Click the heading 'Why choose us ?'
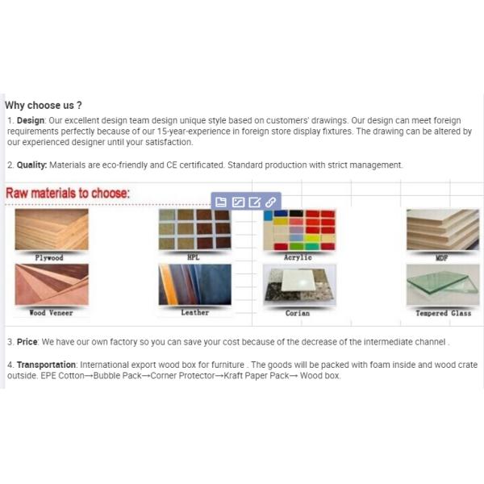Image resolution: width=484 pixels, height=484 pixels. (44, 105)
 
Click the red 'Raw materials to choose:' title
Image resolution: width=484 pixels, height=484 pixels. (68, 194)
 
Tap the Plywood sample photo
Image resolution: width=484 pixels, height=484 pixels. (52, 231)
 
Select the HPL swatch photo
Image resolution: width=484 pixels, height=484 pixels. (194, 230)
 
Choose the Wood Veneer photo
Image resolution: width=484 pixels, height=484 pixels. (52, 285)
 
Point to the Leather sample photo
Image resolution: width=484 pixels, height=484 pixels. (194, 285)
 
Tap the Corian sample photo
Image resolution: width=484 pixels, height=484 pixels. (298, 285)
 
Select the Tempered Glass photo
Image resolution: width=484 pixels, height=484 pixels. (442, 285)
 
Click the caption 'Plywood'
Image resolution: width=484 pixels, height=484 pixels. (49, 258)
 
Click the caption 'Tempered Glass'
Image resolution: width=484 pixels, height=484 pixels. (443, 313)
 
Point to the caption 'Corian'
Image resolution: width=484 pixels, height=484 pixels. (298, 313)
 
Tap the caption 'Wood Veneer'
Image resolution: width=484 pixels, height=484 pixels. (49, 313)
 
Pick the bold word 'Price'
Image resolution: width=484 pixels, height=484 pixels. (27, 342)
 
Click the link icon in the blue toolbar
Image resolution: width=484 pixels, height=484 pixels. (270, 202)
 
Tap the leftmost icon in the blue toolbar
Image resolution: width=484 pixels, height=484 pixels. (222, 202)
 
